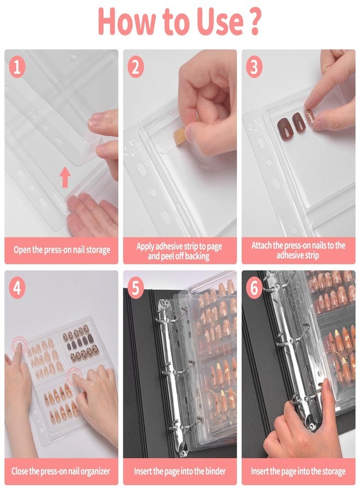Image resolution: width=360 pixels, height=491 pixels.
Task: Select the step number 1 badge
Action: coord(18,68)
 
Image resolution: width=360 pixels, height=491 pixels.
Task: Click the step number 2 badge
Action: coord(136,68)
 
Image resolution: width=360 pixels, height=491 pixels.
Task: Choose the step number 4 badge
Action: coord(18,289)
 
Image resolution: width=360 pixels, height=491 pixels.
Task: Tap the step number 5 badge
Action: coord(136,289)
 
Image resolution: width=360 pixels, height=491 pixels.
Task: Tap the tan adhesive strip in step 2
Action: coord(178,134)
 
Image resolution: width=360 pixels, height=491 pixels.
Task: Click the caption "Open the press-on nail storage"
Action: coord(62,250)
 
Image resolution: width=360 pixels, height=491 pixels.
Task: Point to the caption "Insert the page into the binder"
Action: coord(179,471)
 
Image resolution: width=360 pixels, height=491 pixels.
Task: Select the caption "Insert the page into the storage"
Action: coord(298,471)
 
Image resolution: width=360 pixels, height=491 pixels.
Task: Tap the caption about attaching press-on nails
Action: coord(298,250)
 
